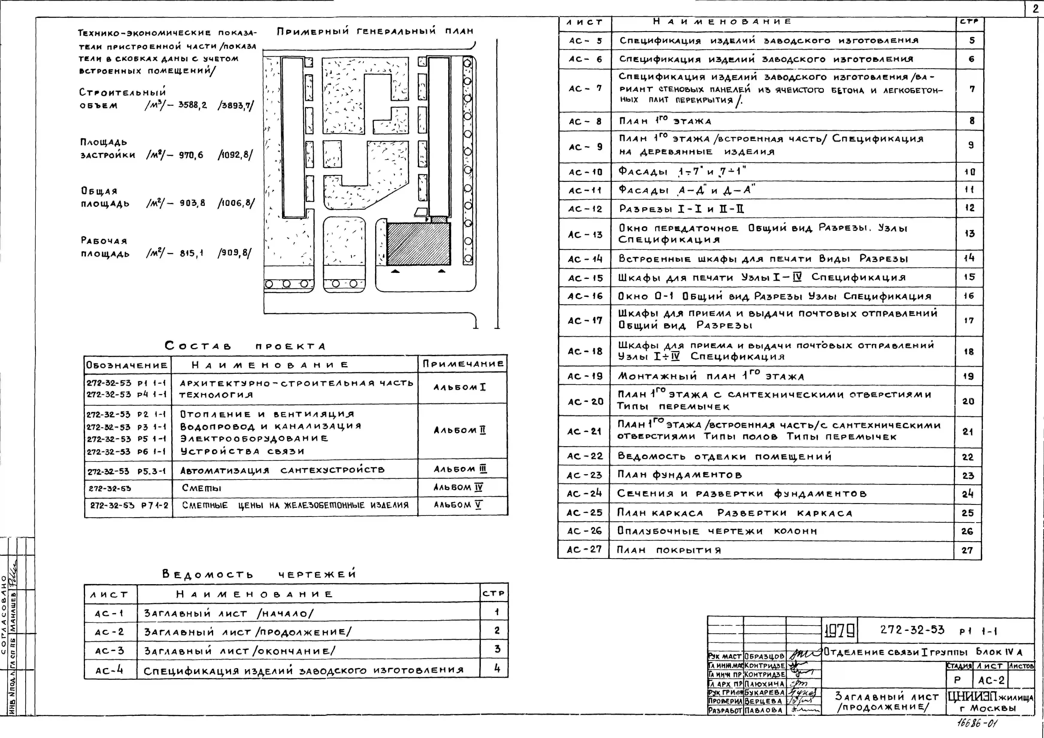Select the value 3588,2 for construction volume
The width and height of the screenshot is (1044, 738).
(x=192, y=105)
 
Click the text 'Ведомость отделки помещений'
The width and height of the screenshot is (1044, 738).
(x=724, y=456)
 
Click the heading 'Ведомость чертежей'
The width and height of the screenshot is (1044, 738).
(x=259, y=574)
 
